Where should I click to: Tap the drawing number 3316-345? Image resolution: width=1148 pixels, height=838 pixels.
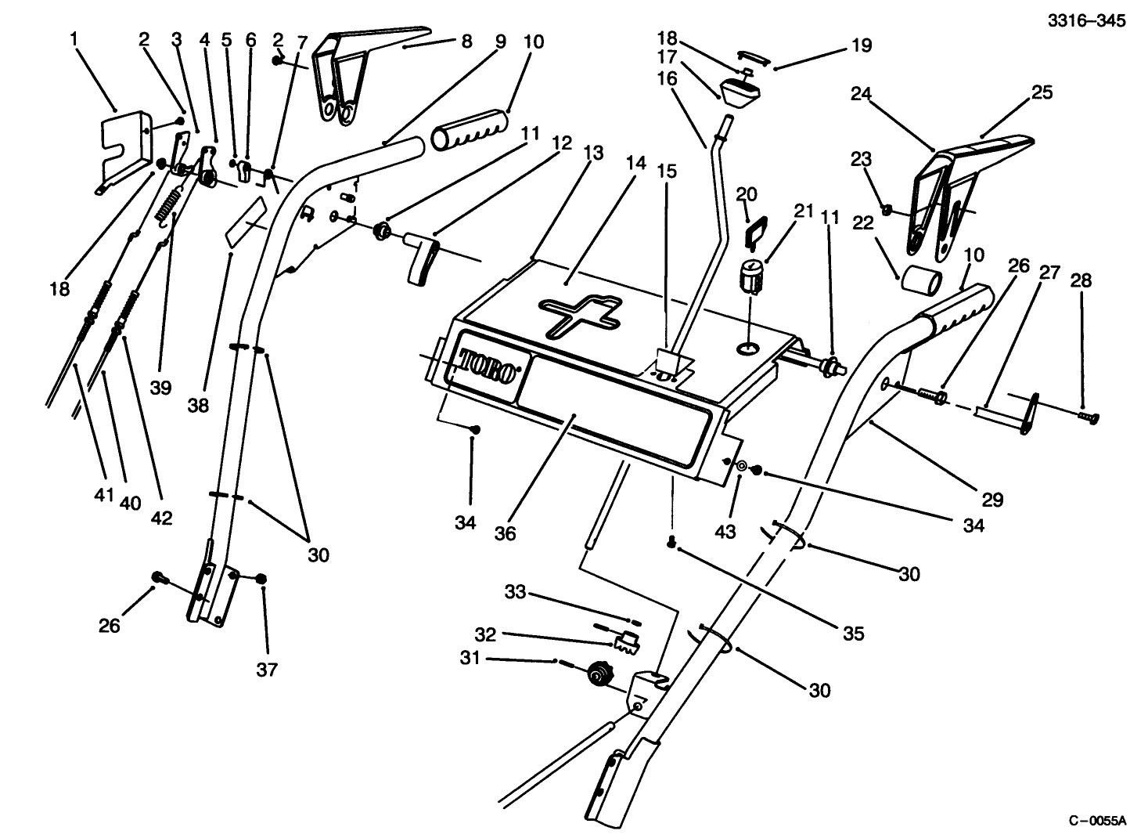click(x=1086, y=21)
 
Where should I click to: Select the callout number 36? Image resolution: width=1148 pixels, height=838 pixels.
click(x=506, y=533)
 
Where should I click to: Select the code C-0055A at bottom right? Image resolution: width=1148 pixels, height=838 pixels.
click(x=1096, y=821)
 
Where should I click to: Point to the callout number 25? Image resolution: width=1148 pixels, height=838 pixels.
click(x=1042, y=92)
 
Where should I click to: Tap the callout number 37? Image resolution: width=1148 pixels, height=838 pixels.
click(x=267, y=670)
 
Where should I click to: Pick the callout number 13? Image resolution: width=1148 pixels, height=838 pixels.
click(x=593, y=153)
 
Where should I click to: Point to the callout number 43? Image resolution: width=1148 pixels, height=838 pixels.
click(x=725, y=531)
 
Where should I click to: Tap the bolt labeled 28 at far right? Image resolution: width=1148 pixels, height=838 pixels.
click(x=1087, y=417)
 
